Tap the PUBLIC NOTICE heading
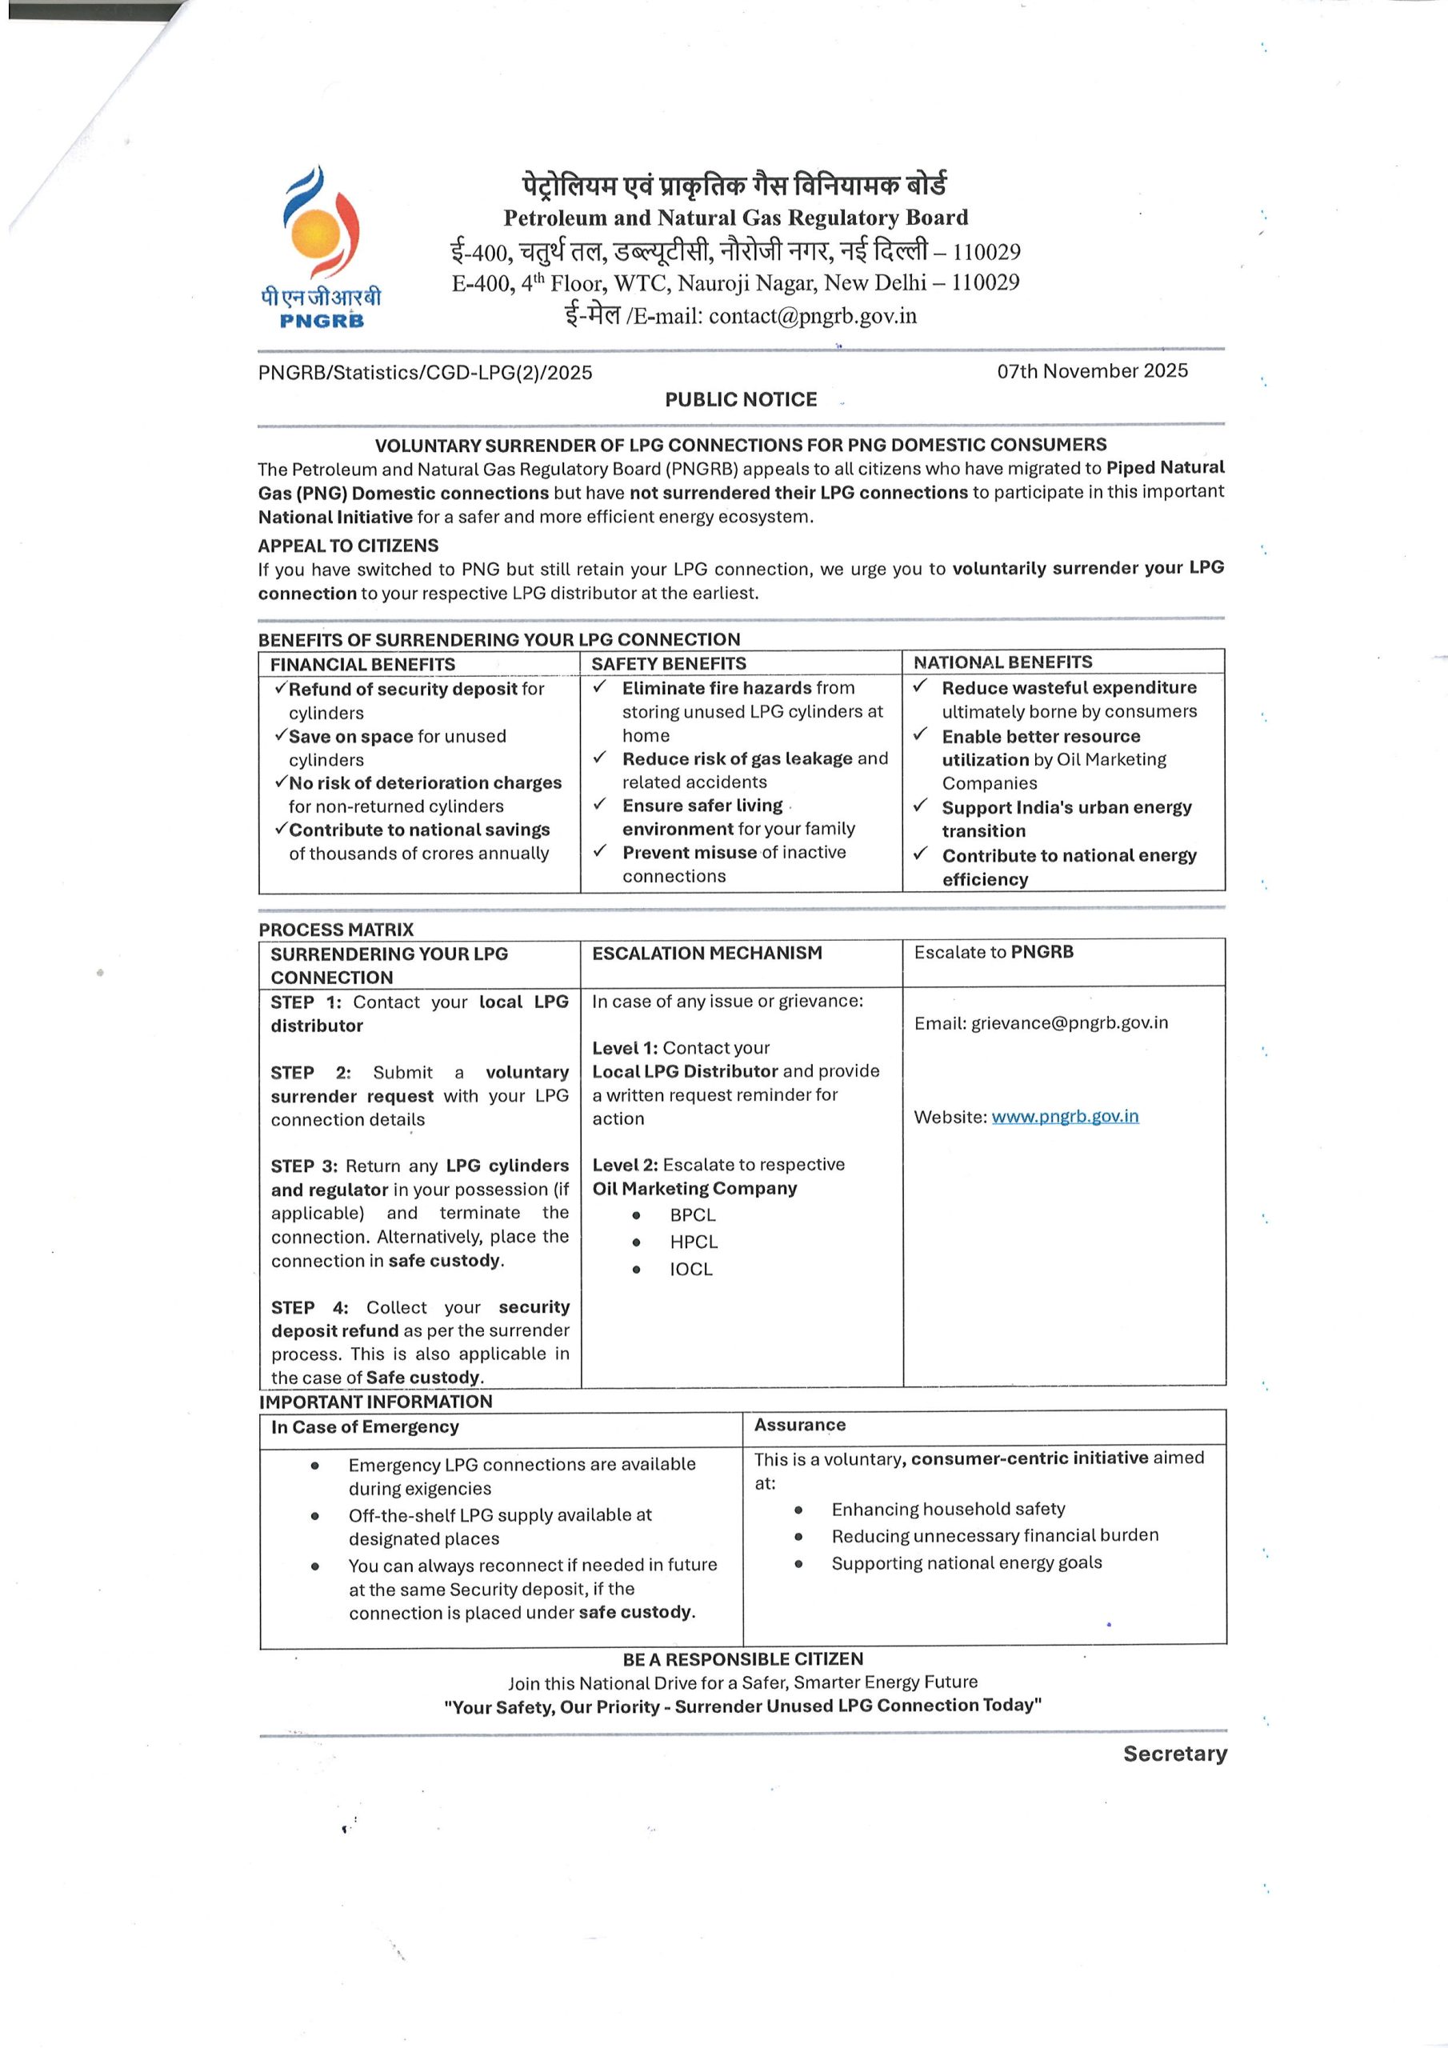(741, 400)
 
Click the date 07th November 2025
(1092, 371)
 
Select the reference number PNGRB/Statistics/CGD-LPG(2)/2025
(425, 373)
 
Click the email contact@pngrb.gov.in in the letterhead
(812, 316)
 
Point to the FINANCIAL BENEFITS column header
(362, 665)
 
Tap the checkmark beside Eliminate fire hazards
(601, 687)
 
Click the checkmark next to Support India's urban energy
(921, 806)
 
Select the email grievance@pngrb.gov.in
(1069, 1022)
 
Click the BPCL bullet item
(692, 1215)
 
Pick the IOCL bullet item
(690, 1270)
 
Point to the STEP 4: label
(310, 1308)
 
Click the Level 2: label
(625, 1165)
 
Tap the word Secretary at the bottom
(1174, 1754)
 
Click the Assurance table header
(799, 1425)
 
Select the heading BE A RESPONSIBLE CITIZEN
(742, 1659)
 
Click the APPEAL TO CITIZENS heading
(348, 546)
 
